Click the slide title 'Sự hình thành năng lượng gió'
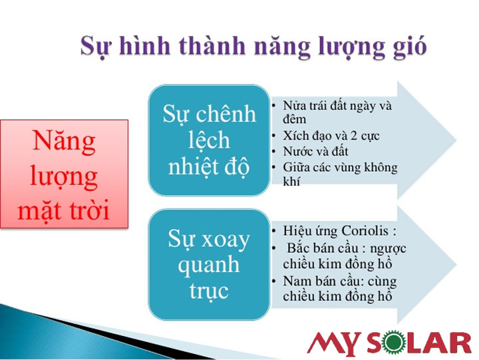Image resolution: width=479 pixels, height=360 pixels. click(x=253, y=47)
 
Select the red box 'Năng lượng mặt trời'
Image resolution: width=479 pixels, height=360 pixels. click(x=64, y=174)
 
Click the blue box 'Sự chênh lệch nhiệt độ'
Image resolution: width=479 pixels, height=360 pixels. click(x=209, y=140)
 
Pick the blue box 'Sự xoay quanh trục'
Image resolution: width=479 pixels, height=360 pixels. click(x=209, y=265)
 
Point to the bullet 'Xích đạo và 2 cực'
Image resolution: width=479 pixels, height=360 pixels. click(x=331, y=136)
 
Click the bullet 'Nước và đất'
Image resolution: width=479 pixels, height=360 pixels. click(x=315, y=151)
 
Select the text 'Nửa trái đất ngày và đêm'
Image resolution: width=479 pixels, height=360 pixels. click(x=337, y=112)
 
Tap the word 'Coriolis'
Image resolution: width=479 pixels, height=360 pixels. click(x=365, y=231)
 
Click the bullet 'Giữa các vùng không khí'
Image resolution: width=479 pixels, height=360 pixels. click(x=340, y=174)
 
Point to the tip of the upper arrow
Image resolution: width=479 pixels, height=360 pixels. click(x=456, y=140)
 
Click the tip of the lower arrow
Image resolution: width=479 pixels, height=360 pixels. click(x=456, y=265)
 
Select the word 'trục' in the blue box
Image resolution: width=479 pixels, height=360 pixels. click(x=209, y=291)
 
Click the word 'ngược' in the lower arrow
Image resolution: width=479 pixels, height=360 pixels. click(x=389, y=249)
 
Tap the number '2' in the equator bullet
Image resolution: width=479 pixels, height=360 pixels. click(x=353, y=135)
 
